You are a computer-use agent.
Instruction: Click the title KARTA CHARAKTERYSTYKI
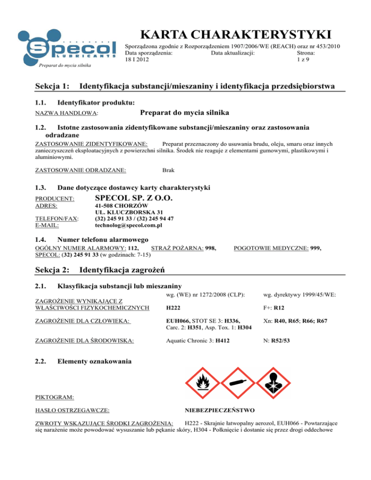point(234,35)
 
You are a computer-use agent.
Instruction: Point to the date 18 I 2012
point(137,59)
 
